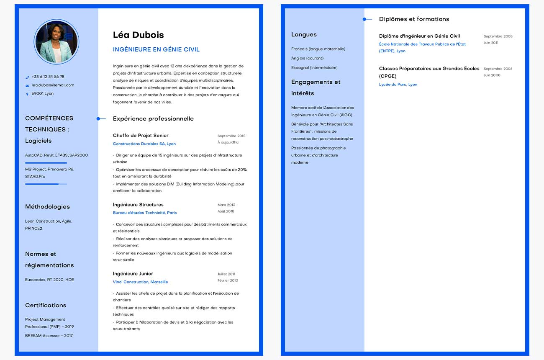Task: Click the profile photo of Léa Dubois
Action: coord(56,41)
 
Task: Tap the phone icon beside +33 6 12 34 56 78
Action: coord(27,77)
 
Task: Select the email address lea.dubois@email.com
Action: coord(53,85)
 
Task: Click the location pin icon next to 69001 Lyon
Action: coord(27,94)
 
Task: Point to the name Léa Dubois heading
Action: coord(138,35)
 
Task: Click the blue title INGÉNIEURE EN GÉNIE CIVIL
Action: coord(156,49)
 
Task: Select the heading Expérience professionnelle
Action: coord(153,119)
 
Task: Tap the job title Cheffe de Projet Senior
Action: coord(141,135)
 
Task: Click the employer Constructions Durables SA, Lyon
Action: coord(144,144)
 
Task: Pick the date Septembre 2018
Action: coord(231,136)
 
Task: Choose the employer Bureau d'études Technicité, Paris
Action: coord(145,213)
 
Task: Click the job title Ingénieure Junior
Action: coord(133,273)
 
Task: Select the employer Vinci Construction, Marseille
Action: coord(140,282)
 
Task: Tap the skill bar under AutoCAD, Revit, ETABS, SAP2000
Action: coord(46,163)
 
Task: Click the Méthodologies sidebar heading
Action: coord(47,207)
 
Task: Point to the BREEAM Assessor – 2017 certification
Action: coord(49,335)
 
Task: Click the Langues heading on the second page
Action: coord(304,35)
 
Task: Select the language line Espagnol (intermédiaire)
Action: coord(314,67)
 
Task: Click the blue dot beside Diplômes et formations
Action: coord(364,19)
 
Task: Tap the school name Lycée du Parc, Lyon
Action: coord(398,85)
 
